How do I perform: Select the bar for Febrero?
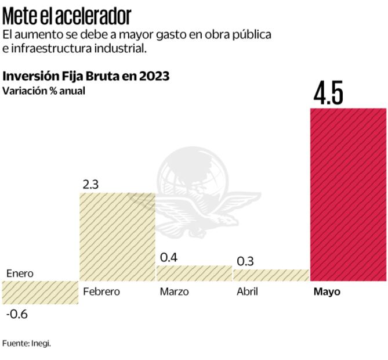[117, 237]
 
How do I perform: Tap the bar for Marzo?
[194, 273]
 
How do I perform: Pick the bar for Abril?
[271, 275]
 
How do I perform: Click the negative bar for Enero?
[40, 293]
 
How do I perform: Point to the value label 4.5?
[328, 94]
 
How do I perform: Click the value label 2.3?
[91, 185]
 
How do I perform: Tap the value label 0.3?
[245, 261]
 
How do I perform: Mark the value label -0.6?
[17, 314]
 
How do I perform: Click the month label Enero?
[20, 273]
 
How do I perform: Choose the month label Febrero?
[101, 291]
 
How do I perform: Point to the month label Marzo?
[174, 291]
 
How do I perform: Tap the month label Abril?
[247, 291]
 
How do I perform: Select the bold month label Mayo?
[327, 291]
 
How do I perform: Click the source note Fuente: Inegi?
[27, 343]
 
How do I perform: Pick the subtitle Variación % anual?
[43, 91]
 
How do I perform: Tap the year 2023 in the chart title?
[151, 76]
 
